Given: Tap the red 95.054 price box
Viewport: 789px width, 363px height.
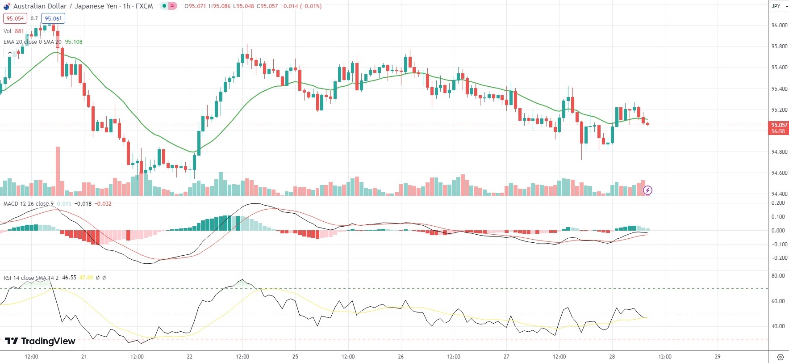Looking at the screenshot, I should coord(15,18).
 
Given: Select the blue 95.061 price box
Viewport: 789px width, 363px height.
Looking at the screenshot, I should coord(53,18).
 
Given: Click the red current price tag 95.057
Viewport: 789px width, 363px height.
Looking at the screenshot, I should coord(779,125).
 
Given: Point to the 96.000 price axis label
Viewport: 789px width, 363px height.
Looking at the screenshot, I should coord(779,25).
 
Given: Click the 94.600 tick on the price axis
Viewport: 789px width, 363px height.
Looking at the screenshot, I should coord(779,173).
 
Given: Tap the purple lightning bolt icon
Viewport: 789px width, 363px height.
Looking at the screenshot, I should coord(647,190).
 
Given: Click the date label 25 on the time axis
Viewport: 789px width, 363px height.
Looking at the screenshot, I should coord(295,357).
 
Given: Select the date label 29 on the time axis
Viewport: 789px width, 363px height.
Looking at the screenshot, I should coord(718,357).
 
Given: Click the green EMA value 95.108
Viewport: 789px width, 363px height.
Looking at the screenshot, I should coord(74,42).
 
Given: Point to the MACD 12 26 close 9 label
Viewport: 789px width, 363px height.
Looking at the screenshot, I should coord(29,204).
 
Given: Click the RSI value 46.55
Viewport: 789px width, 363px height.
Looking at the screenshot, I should coord(69,278).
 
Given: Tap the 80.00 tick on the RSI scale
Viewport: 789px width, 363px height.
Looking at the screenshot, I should coord(778,276).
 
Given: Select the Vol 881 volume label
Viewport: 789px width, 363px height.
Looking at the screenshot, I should coord(14,31).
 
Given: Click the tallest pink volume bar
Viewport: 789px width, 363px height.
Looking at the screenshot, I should coord(58,171).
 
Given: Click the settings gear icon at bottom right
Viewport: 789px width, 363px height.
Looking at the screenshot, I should coord(780,357).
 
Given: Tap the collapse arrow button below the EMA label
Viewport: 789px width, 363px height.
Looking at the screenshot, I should coord(10,53).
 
